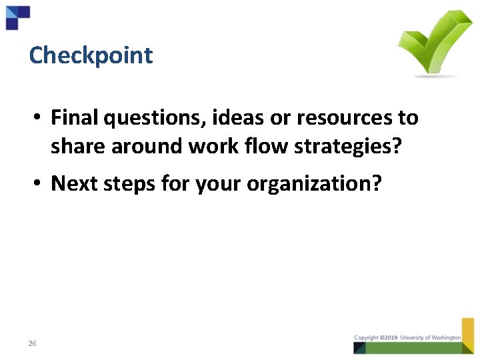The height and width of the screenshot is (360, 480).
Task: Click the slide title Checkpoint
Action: pos(91,55)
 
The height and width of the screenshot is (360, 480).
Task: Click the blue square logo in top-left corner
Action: pos(17,17)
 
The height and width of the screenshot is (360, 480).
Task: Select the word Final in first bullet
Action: pos(73,118)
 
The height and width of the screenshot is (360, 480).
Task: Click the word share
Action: pos(79,147)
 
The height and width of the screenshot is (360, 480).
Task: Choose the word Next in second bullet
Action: pos(72,183)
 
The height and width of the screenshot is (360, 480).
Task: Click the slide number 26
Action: pos(32,343)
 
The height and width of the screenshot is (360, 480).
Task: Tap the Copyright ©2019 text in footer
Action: pos(375,338)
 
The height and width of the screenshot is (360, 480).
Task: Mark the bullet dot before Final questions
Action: pos(40,119)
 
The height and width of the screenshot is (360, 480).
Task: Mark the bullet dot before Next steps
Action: pos(40,184)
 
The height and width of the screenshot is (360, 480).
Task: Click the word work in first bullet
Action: pos(217,147)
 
